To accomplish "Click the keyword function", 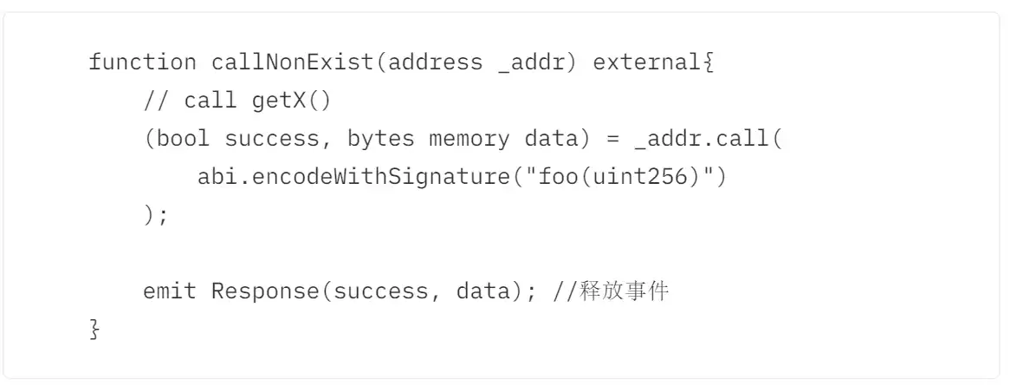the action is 142,62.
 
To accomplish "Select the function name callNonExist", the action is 293,62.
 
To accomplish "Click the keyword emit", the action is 170,291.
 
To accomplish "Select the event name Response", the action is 265,291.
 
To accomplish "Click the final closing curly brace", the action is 95,330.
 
